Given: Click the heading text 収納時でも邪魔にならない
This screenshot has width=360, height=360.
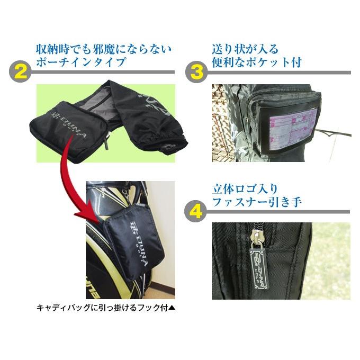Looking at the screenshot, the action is (104, 50).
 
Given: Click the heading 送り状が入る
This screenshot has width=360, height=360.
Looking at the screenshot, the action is (245, 50).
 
